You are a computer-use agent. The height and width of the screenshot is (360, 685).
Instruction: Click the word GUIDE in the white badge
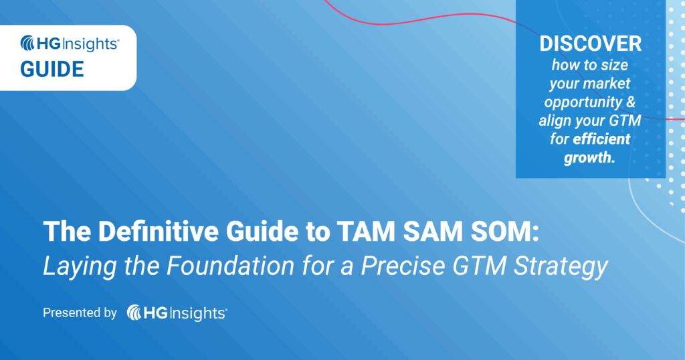(52, 69)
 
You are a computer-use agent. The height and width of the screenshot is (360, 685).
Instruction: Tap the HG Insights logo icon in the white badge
(29, 44)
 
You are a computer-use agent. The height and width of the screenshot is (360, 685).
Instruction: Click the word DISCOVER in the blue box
(590, 44)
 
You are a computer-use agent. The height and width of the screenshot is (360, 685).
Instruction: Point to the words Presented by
(80, 312)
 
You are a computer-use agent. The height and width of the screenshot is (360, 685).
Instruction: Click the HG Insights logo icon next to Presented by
(136, 312)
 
